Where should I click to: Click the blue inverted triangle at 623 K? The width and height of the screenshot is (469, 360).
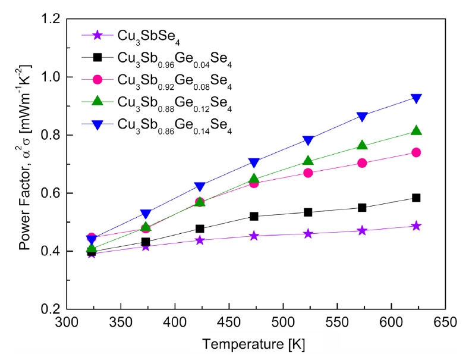pos(417,98)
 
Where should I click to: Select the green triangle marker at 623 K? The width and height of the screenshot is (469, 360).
pos(417,131)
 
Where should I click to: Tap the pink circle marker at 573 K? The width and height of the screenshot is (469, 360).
pos(363,163)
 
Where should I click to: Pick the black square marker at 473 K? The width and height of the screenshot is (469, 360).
pos(254,217)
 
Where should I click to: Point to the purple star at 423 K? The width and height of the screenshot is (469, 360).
pos(200,240)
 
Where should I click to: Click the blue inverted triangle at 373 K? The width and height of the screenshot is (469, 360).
pos(146,214)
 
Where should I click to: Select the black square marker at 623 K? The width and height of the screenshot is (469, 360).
pos(417,198)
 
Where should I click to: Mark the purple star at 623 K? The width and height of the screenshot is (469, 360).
pos(417,226)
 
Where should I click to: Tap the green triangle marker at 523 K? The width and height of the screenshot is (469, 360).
pos(308,161)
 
